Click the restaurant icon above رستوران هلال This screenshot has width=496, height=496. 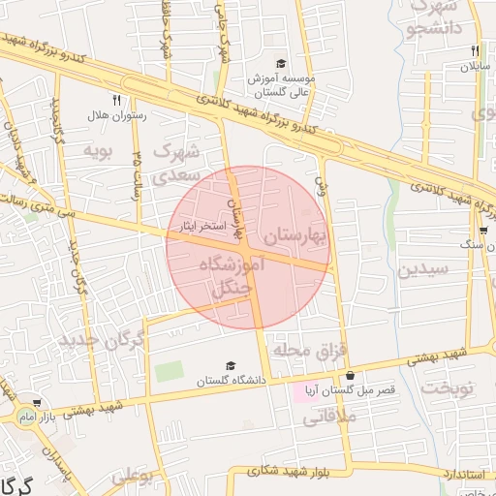click(x=116, y=99)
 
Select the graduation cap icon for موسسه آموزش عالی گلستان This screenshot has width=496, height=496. click(x=281, y=62)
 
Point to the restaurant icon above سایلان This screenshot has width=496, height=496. click(x=475, y=50)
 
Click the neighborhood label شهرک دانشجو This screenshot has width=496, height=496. click(x=425, y=19)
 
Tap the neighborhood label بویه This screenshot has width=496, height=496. click(x=99, y=151)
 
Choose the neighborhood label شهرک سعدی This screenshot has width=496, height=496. click(x=178, y=161)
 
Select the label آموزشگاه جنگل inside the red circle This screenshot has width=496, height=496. click(x=231, y=276)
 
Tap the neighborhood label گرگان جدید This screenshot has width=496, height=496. click(x=102, y=340)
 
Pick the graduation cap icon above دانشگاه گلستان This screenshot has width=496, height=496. click(x=231, y=365)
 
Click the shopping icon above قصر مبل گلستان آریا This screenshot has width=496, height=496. click(x=350, y=375)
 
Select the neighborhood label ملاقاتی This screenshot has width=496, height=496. click(x=330, y=418)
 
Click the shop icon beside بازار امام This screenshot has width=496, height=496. click(x=37, y=403)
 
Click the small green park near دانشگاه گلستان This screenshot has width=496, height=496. click(x=169, y=371)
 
